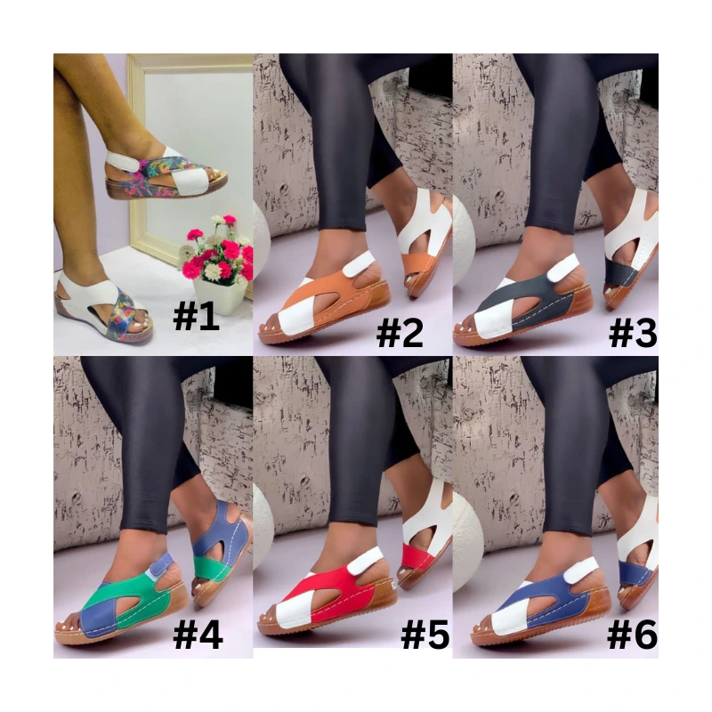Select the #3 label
(x=633, y=332)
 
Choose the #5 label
(x=425, y=634)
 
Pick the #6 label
(x=632, y=634)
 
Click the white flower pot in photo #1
(x=220, y=296)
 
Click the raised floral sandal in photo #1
(x=166, y=173)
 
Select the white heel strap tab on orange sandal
(x=359, y=265)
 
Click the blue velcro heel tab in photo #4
(x=162, y=566)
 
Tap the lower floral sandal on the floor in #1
(x=103, y=309)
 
